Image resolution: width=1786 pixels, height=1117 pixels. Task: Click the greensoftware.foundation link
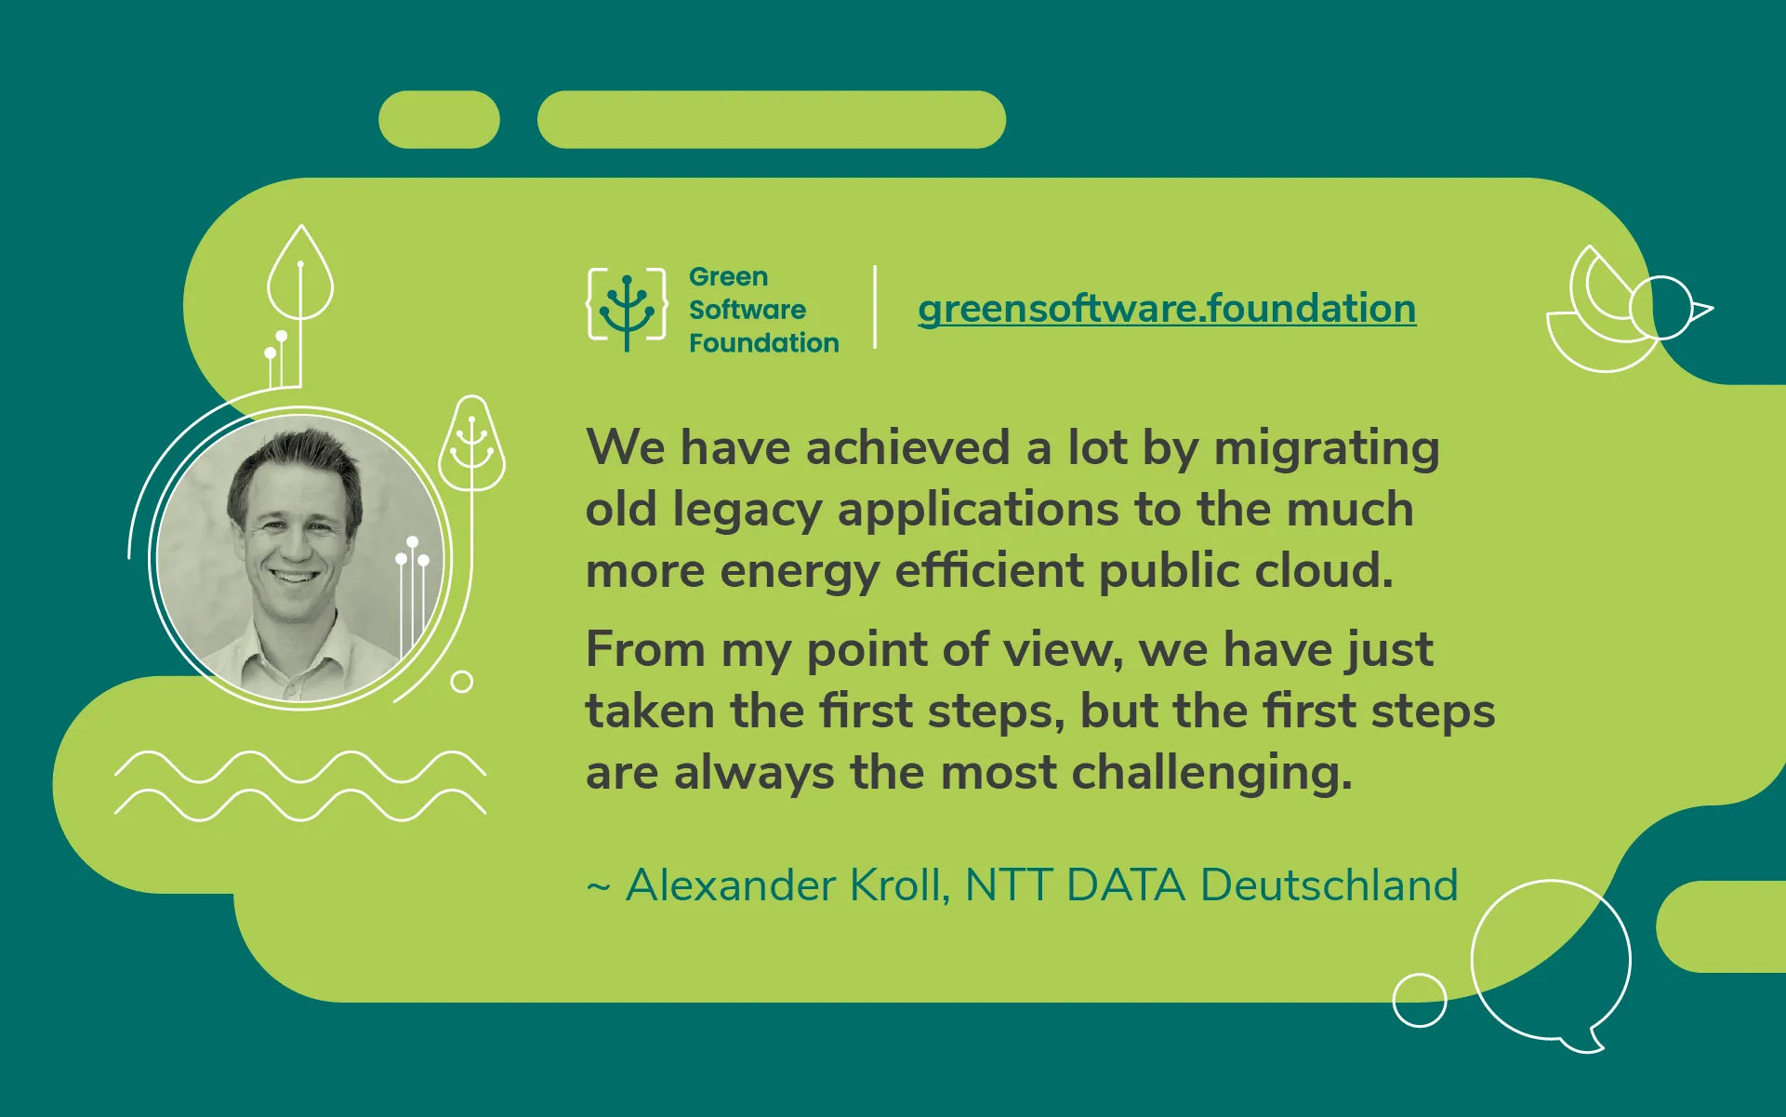point(1167,309)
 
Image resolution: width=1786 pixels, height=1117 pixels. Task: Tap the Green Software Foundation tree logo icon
point(627,309)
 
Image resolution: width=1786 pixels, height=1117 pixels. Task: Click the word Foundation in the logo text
point(763,343)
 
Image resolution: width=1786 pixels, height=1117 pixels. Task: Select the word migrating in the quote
point(1327,448)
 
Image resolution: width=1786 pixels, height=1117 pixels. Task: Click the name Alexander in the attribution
point(731,884)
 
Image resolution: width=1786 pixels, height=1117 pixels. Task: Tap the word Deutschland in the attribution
point(1329,884)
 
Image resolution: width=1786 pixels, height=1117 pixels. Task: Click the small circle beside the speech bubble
point(1419,1000)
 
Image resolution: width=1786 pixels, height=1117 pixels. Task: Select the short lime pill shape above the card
point(439,120)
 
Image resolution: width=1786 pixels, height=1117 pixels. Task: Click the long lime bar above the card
point(771,120)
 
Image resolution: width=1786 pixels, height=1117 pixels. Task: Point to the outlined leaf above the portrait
point(299,274)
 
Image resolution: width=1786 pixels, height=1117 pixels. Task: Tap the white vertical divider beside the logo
point(875,308)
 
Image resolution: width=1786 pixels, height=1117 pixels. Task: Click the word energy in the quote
point(799,571)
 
